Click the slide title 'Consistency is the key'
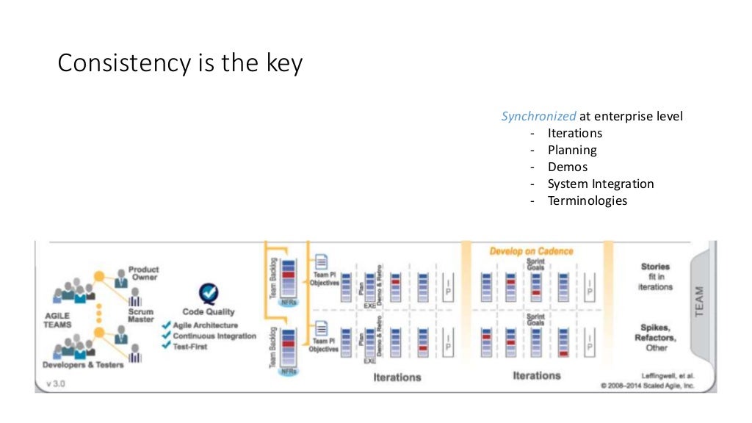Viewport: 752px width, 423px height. coord(180,64)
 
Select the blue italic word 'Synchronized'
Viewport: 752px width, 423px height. coord(538,116)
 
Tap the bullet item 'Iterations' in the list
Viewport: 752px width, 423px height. coord(574,133)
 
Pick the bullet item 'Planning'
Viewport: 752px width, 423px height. coord(572,150)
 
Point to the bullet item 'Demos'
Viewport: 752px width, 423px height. coord(567,167)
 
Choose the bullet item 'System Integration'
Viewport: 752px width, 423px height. coord(600,184)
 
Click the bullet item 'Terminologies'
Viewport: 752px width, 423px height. coord(587,200)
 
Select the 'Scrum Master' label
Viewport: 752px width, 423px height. coord(140,315)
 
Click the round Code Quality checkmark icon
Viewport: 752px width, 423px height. coord(208,294)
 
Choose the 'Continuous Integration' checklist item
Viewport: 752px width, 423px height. coord(214,336)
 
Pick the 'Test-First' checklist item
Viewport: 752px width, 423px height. coord(189,347)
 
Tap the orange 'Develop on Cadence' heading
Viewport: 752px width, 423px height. coord(532,251)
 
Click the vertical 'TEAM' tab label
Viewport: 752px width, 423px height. coord(699,302)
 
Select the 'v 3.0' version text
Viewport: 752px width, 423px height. coord(56,383)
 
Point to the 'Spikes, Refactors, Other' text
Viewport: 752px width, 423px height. coord(655,337)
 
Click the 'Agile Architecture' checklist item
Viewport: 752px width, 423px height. coord(205,325)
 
